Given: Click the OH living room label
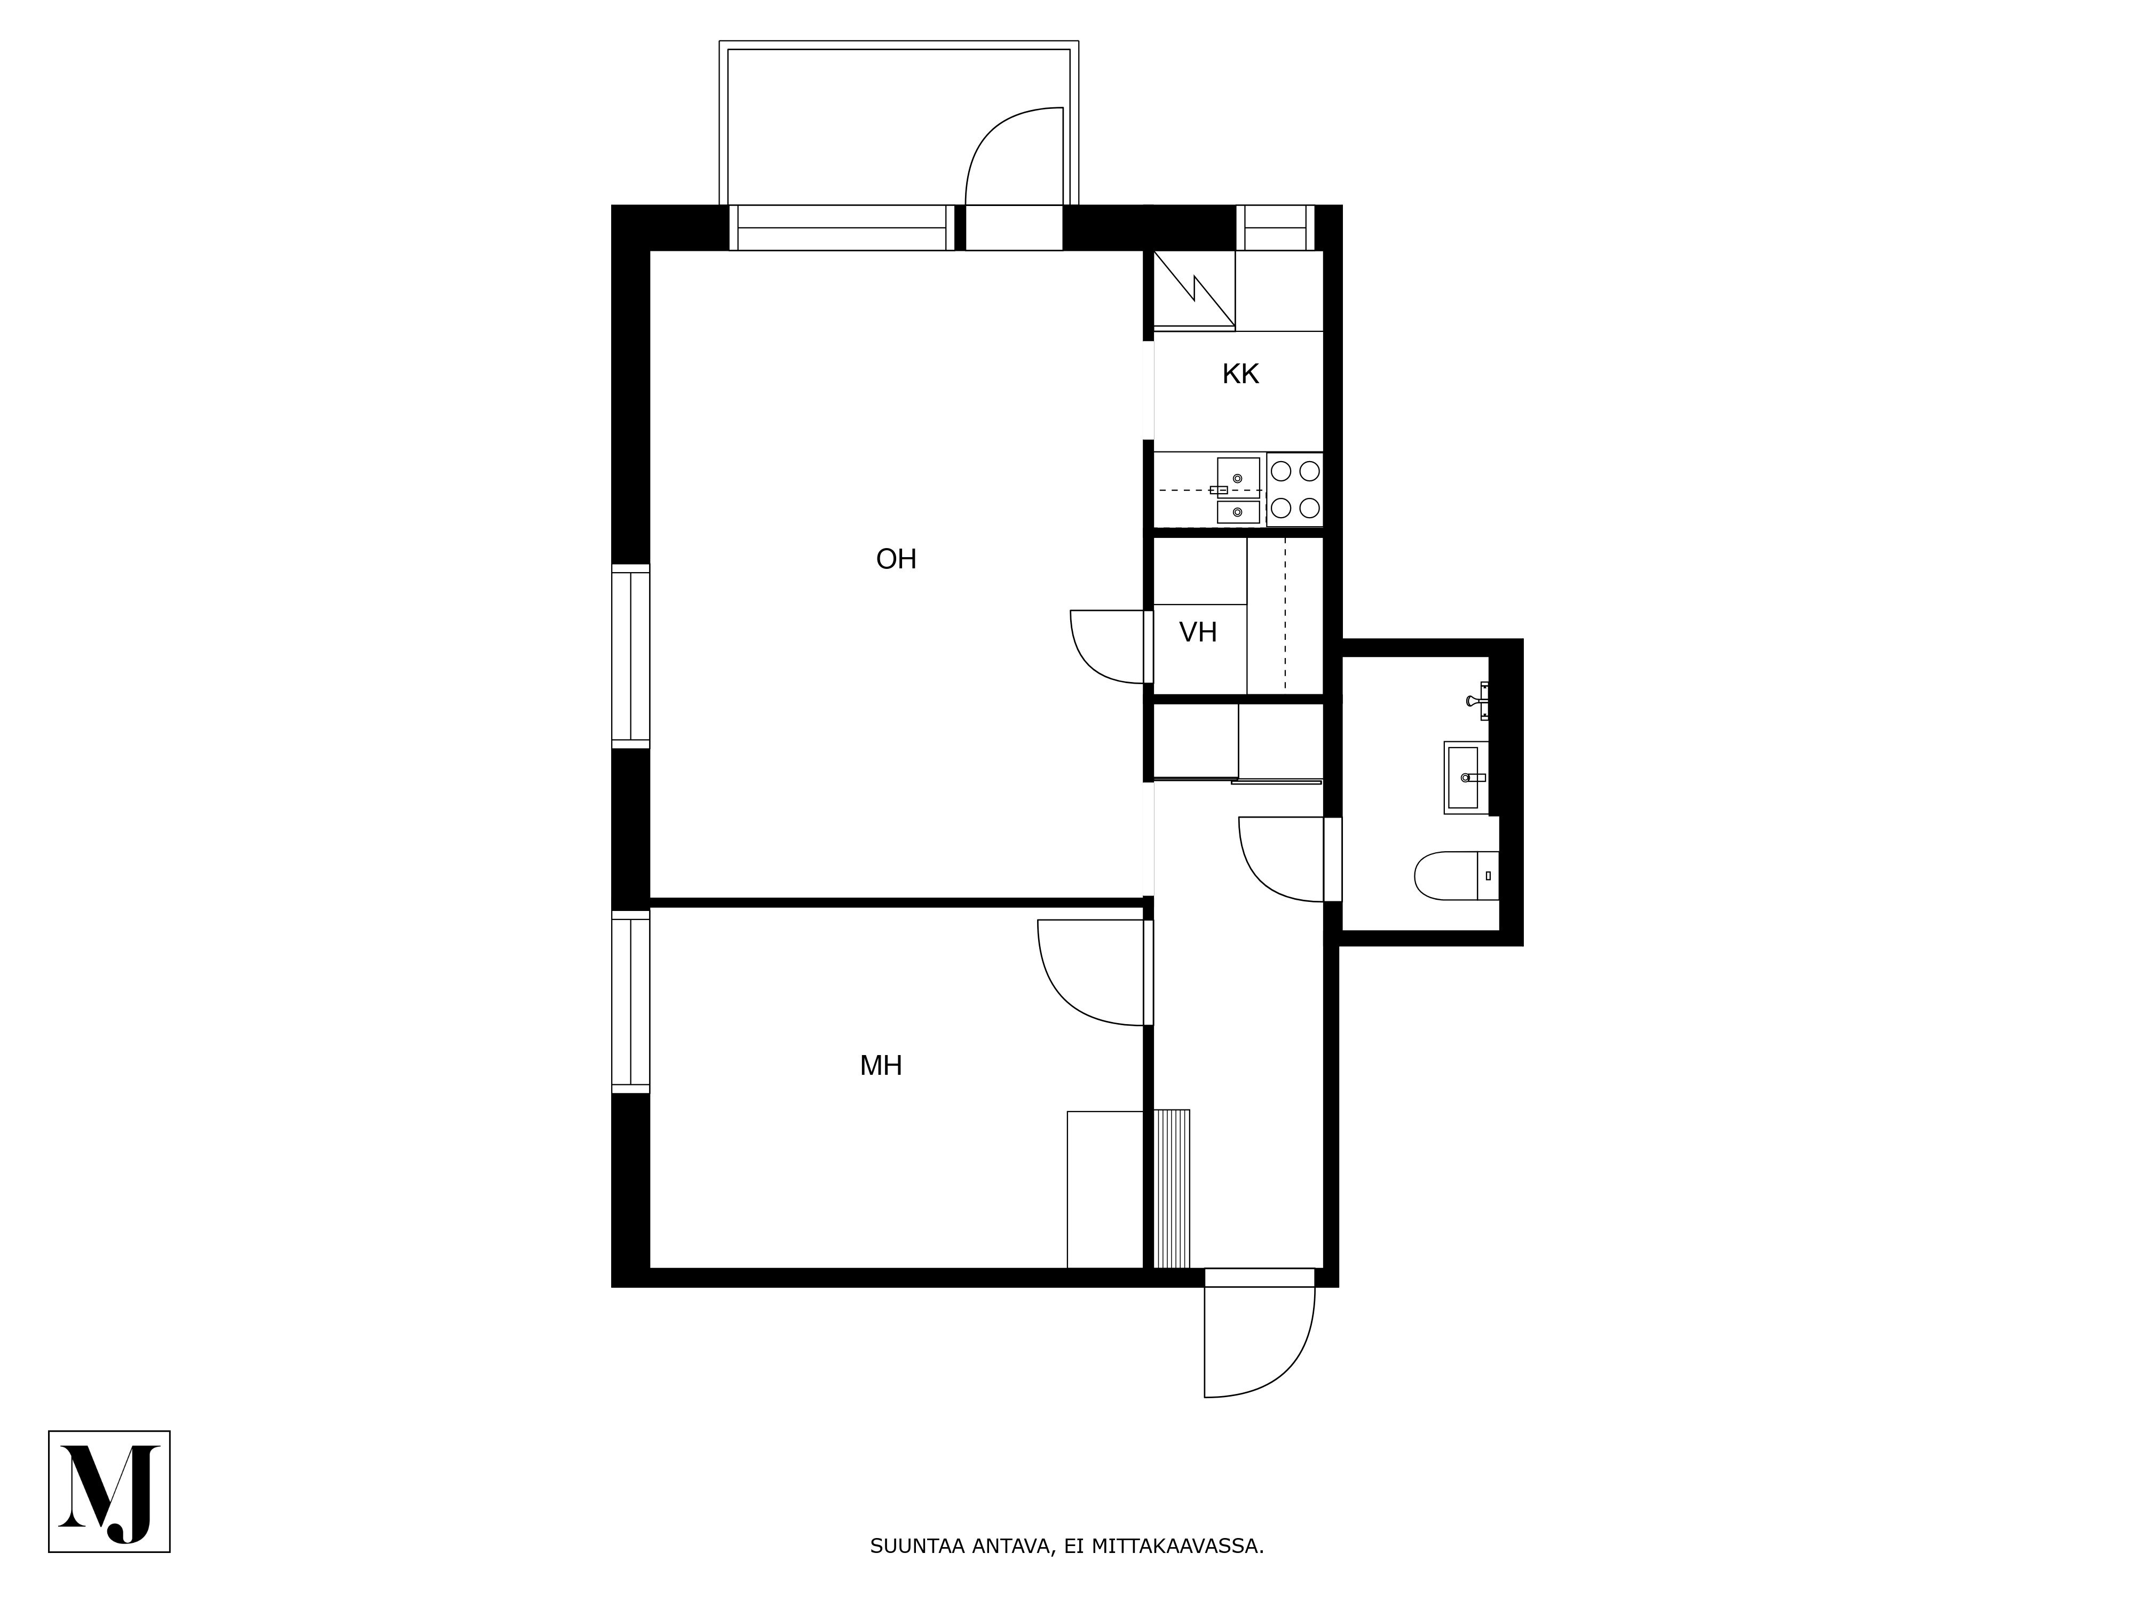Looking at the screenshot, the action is [896, 559].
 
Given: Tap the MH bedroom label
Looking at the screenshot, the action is [880, 1065].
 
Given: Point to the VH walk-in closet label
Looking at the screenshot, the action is [1198, 632].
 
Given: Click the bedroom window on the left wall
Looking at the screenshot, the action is [630, 1001].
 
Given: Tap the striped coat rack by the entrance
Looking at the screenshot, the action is [1172, 1189].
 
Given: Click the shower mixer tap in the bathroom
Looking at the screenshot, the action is [1478, 701].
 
